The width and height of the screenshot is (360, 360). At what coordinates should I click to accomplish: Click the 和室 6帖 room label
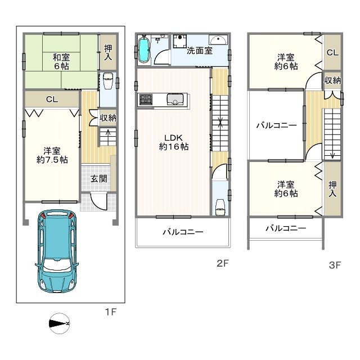coord(61,61)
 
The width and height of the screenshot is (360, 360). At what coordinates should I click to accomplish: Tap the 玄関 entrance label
coord(99,179)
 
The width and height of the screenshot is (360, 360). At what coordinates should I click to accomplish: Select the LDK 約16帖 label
coord(174,142)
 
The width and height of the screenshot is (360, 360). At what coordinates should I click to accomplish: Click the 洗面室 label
coord(199,51)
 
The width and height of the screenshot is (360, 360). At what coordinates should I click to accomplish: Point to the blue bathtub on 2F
coord(144,49)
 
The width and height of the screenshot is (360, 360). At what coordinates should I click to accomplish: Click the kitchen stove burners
coord(146,100)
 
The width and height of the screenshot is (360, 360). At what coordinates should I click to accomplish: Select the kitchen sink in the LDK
coord(175,100)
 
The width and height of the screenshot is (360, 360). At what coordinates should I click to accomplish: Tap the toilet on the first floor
coord(107,80)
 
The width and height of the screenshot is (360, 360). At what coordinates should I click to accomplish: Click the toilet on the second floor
coord(220,207)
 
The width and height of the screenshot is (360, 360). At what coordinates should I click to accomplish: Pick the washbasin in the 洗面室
coord(218,40)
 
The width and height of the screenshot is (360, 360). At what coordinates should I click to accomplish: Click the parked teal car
coord(57,251)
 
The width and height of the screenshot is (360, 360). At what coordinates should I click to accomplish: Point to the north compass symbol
coord(59,323)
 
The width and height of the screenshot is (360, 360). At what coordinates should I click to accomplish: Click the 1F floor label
coord(111,312)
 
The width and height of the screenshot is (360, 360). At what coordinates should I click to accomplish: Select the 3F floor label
coord(335,265)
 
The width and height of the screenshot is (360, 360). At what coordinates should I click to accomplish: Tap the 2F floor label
coord(223,263)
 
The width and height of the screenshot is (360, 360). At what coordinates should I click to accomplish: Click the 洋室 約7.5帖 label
coord(52,155)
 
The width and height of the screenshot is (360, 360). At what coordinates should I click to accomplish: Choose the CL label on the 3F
coord(332,52)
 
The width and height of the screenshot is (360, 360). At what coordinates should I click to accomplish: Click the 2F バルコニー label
coord(183,232)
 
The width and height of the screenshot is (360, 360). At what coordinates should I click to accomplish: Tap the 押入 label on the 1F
coord(108,52)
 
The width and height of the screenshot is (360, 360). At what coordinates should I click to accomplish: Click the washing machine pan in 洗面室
coord(180,41)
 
